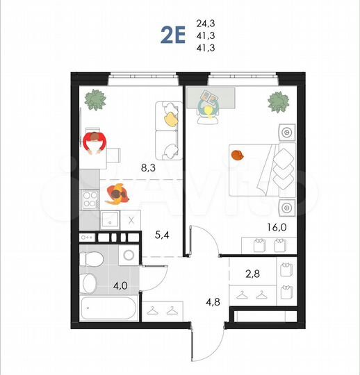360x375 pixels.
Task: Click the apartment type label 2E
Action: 173,35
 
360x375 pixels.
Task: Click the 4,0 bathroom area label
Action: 121,285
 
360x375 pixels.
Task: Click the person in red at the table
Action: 93,144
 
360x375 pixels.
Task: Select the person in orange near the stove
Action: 117,194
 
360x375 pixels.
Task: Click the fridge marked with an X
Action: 131,221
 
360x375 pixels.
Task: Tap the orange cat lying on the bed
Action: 238,154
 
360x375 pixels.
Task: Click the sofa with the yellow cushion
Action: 167,128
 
